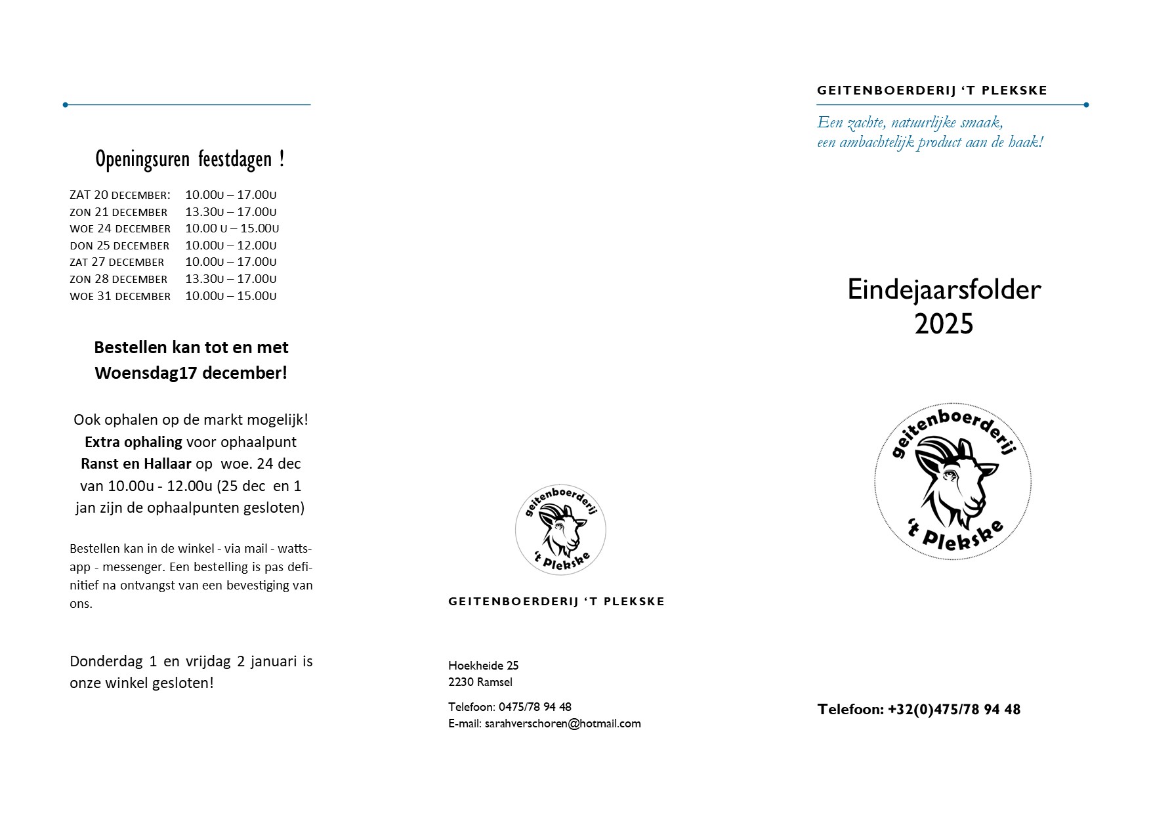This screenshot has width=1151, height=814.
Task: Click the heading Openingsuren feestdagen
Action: [190, 160]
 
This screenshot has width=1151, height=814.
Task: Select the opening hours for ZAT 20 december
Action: [230, 195]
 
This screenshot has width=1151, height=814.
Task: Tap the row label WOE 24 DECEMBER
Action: [120, 229]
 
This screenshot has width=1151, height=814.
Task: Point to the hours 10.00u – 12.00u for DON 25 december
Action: [230, 246]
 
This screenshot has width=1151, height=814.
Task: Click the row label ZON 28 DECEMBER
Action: [119, 279]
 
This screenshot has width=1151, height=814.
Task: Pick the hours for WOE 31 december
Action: [230, 296]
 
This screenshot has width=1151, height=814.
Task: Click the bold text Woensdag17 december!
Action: [190, 373]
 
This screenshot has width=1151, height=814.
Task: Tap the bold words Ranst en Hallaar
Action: [136, 463]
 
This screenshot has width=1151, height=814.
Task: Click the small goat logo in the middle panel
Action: [560, 529]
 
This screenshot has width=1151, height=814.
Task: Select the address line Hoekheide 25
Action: [483, 666]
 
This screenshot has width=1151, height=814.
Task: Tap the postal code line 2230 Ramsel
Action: [480, 682]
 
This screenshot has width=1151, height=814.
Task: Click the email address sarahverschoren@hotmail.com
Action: [562, 723]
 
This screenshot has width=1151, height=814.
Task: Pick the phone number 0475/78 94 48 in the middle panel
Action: [535, 707]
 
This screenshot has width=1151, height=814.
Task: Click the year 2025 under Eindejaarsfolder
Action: [944, 324]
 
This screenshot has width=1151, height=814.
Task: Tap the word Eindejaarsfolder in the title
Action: [944, 289]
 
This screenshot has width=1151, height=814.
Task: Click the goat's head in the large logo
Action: [955, 479]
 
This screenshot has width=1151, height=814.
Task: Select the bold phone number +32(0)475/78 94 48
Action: [953, 710]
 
